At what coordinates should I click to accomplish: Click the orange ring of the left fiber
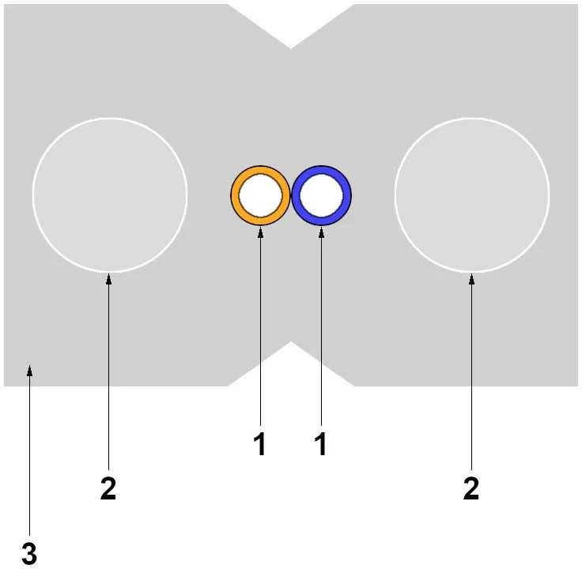tap(235, 195)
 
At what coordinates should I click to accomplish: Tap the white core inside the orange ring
tap(261, 195)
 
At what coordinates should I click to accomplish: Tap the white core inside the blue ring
tap(321, 195)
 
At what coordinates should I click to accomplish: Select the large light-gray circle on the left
tap(110, 195)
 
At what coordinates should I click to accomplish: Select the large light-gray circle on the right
tap(472, 195)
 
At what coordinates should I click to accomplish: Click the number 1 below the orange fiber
tap(260, 443)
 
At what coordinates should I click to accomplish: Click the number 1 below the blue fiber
tap(321, 443)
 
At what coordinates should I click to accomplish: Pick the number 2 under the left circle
tap(108, 488)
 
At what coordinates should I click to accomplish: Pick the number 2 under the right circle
tap(471, 488)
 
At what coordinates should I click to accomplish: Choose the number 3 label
tap(29, 553)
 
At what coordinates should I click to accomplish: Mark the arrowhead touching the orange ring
tap(261, 232)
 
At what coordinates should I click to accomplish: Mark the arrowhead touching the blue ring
tap(321, 232)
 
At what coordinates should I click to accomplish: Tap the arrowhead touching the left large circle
tap(109, 279)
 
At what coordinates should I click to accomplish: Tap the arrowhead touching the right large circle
tap(472, 279)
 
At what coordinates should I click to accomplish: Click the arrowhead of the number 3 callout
tap(30, 371)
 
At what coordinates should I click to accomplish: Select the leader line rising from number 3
tap(30, 450)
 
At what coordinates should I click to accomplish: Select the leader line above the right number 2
tap(472, 371)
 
